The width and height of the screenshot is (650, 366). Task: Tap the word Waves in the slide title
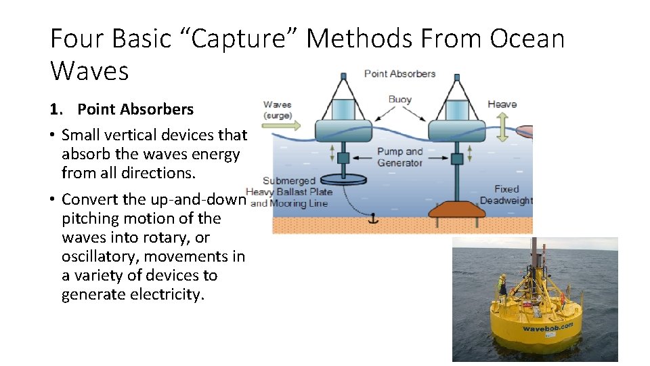click(89, 70)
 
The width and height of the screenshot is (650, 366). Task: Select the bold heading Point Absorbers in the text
click(135, 109)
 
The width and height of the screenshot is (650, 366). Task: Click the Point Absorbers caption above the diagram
click(399, 73)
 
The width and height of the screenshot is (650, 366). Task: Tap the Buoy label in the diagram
click(400, 99)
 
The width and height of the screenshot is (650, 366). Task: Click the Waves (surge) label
click(277, 109)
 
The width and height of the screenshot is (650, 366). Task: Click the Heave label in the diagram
click(502, 104)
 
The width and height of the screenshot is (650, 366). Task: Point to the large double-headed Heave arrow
click(502, 126)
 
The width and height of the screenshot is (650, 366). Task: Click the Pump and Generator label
click(399, 157)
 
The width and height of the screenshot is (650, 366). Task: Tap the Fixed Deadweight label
click(506, 195)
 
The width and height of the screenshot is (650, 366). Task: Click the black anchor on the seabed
click(371, 219)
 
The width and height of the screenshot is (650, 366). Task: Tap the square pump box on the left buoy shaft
click(343, 159)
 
